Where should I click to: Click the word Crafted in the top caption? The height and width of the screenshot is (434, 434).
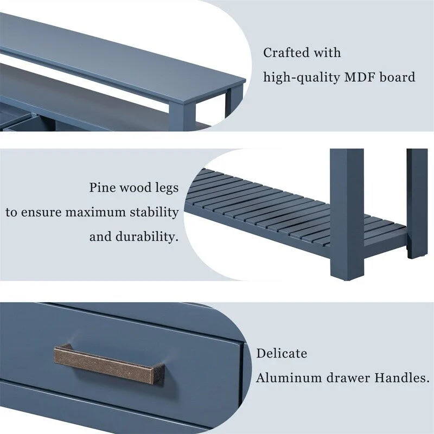pyautogui.click(x=286, y=53)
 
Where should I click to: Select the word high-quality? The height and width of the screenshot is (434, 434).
pyautogui.click(x=301, y=78)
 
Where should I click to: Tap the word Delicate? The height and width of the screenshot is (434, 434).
pyautogui.click(x=282, y=354)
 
